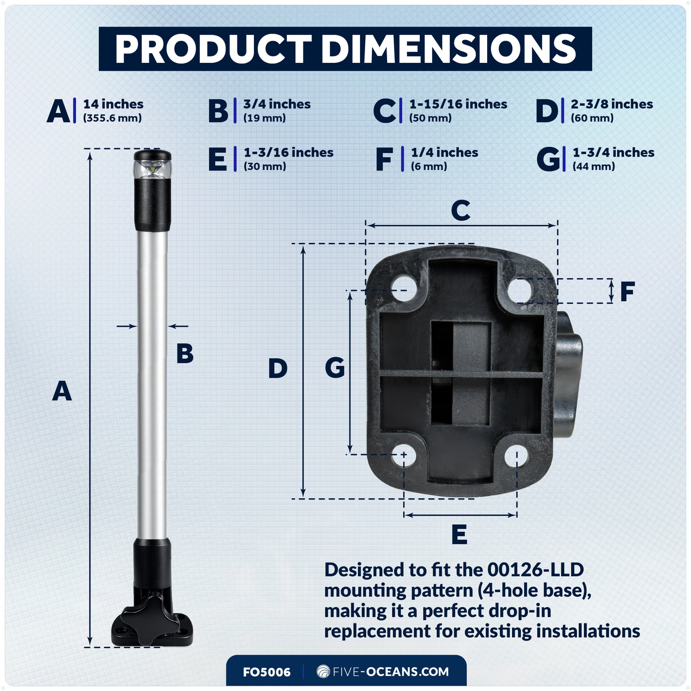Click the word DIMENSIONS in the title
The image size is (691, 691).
tap(449, 49)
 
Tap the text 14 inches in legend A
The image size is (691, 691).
tap(113, 104)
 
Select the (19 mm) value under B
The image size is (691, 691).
tap(264, 118)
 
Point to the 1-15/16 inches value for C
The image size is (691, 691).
tap(458, 104)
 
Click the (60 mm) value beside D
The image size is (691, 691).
tap(592, 118)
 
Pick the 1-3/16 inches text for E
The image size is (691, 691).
tap(288, 152)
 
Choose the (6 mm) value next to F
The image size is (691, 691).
tap(429, 166)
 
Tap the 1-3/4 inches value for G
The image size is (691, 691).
tap(613, 152)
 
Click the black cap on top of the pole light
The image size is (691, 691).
tap(152, 156)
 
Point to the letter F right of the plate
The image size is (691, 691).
tap(627, 292)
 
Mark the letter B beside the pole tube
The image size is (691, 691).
tap(185, 354)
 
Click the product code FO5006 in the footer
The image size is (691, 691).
tap(266, 672)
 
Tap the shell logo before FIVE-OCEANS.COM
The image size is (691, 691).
tap(323, 671)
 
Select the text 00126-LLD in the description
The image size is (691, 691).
tap(535, 570)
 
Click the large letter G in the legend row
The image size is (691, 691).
tap(548, 159)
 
